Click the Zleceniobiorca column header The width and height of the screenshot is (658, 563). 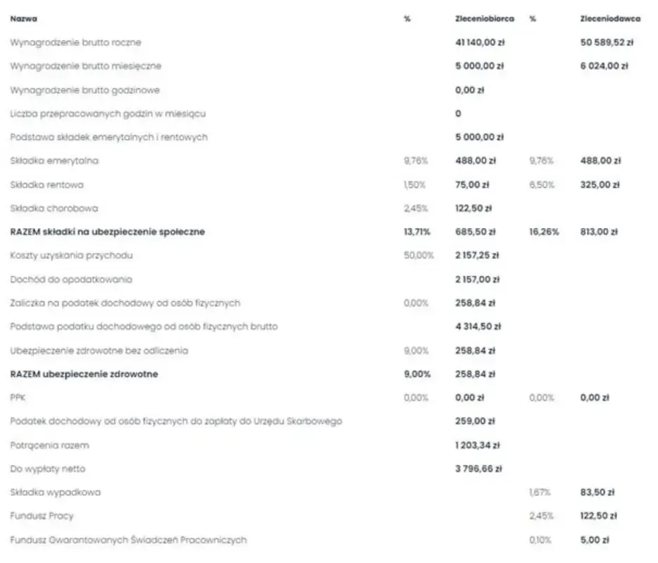tap(485, 19)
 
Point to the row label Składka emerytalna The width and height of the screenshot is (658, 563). tap(54, 161)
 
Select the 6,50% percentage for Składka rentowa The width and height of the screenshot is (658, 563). tap(541, 185)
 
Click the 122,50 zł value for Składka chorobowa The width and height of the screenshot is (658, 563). tap(473, 208)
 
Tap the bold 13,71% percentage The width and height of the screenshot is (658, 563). tap(416, 232)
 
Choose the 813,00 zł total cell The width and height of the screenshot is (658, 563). tap(599, 232)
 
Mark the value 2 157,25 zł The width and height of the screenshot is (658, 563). tap(478, 255)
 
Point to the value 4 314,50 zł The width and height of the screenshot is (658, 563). tap(478, 327)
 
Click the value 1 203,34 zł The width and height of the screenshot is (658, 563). tap(478, 445)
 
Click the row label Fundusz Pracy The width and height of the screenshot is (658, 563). tap(42, 516)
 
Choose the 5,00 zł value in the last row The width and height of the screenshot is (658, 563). tap(595, 540)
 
